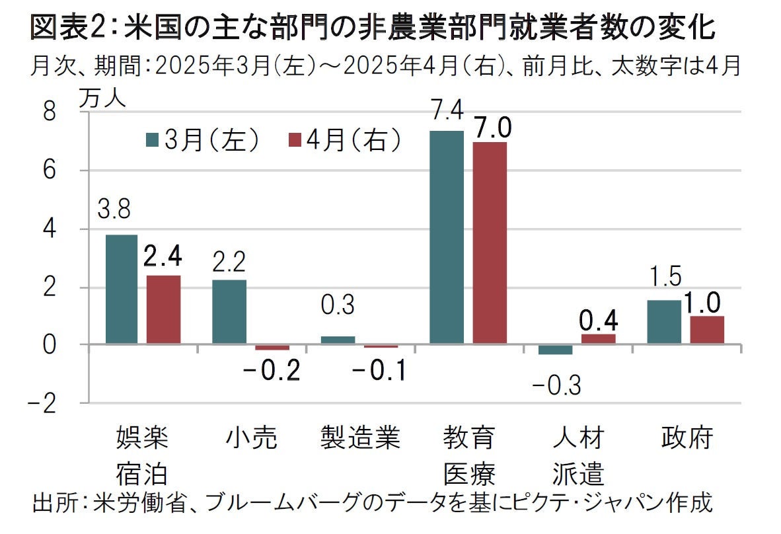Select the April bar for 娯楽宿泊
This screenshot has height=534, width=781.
(163, 310)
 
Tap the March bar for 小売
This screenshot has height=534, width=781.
(229, 312)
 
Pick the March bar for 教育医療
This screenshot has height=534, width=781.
(447, 238)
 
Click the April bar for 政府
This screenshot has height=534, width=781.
(707, 330)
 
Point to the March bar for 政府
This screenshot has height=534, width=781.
(664, 323)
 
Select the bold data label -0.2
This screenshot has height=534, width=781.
(272, 371)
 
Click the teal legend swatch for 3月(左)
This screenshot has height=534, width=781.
(153, 140)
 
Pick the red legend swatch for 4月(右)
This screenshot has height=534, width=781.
(295, 140)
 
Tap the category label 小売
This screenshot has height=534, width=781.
(251, 438)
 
